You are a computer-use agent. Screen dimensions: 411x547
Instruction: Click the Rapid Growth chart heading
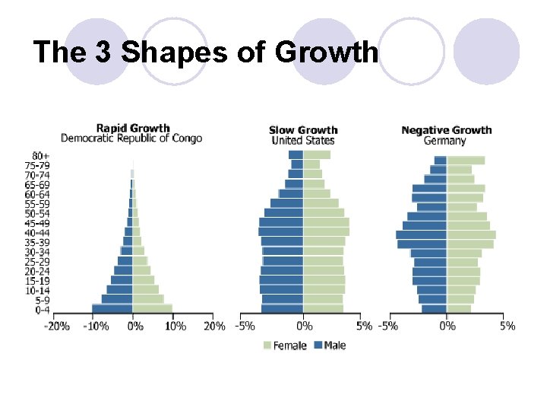132,128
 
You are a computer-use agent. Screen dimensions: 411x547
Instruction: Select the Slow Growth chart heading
303,130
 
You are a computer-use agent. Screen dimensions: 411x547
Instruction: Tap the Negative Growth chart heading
447,130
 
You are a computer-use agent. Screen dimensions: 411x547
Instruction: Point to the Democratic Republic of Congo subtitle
131,139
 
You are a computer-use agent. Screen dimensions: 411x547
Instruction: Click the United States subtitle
303,141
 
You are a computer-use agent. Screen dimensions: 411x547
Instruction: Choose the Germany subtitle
445,141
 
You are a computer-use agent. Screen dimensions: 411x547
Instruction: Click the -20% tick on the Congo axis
56,327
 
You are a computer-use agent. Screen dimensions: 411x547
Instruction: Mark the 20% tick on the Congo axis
213,327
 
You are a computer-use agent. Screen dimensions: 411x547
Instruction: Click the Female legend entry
285,346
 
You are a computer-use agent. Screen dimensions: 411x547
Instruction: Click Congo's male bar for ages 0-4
112,309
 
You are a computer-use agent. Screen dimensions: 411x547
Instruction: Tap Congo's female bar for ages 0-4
152,309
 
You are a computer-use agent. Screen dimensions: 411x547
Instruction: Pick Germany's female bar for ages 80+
466,161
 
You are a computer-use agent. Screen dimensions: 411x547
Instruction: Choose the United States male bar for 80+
296,155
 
